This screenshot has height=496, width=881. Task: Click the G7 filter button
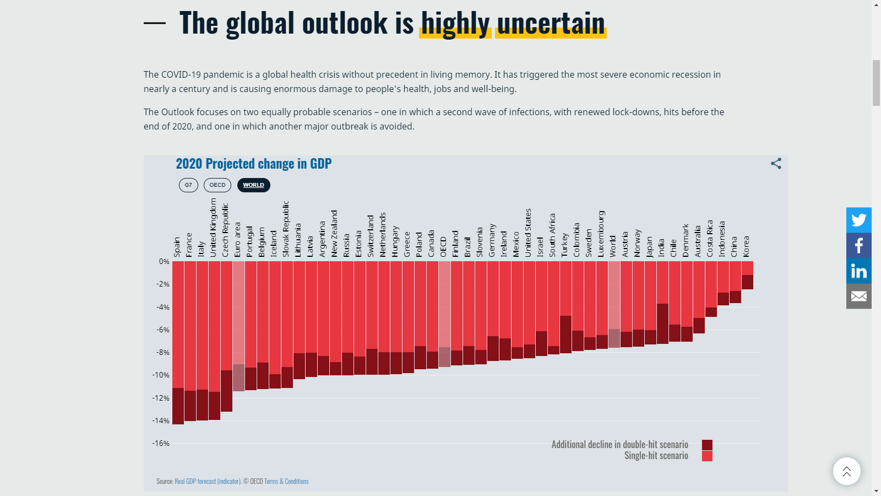pyautogui.click(x=188, y=185)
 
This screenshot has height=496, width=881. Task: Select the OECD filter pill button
pyautogui.click(x=217, y=185)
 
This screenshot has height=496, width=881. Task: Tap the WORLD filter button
pyautogui.click(x=253, y=185)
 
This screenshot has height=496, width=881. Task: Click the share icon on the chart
pyautogui.click(x=776, y=164)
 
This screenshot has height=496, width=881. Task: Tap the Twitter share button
pyautogui.click(x=858, y=220)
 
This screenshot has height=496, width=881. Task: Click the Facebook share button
pyautogui.click(x=858, y=245)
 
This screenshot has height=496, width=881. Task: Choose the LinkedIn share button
pyautogui.click(x=858, y=271)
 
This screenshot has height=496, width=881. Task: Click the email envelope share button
pyautogui.click(x=858, y=296)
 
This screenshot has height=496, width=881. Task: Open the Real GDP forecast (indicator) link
pyautogui.click(x=208, y=481)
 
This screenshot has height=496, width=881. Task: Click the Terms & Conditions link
pyautogui.click(x=286, y=481)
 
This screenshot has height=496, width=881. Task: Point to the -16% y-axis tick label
pyautogui.click(x=161, y=443)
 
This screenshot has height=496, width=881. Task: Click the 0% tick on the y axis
pyautogui.click(x=164, y=261)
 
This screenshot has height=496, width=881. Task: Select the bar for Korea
pyautogui.click(x=747, y=274)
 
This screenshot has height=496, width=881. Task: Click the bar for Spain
pyautogui.click(x=178, y=342)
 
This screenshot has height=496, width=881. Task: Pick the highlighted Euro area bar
pyautogui.click(x=238, y=325)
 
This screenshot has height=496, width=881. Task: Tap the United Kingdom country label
pyautogui.click(x=214, y=228)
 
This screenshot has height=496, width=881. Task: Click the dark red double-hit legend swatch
pyautogui.click(x=707, y=445)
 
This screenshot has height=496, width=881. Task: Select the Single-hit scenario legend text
pyautogui.click(x=656, y=456)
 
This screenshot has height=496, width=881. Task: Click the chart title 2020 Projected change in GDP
pyautogui.click(x=253, y=164)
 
